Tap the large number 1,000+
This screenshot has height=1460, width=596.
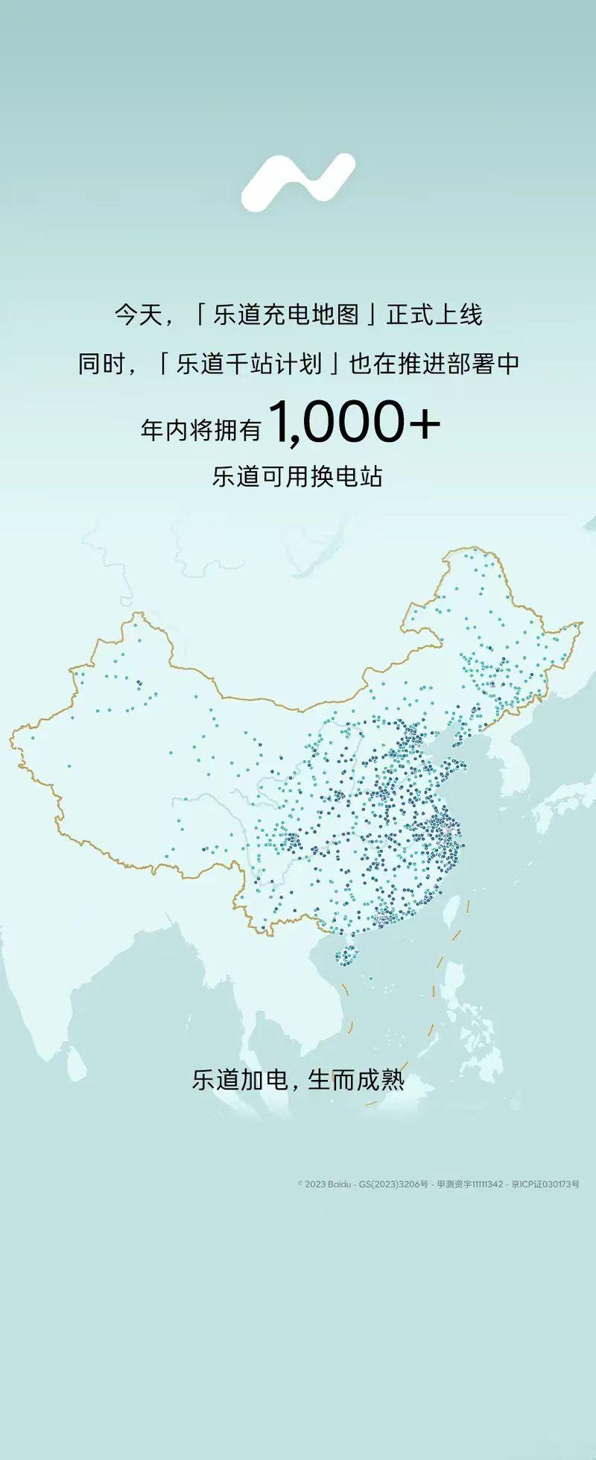coord(355,423)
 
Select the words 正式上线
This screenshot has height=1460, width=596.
coord(434,314)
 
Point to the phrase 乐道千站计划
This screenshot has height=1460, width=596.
coord(250,364)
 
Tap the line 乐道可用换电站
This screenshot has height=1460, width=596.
coord(298,476)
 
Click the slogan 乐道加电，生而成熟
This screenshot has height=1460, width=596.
coord(298,1079)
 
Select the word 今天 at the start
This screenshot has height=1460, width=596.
coord(137,314)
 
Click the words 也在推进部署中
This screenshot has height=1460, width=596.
coord(434,364)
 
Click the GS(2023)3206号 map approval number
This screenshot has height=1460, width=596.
coord(394,1184)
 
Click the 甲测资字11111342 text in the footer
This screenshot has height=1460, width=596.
coord(469,1184)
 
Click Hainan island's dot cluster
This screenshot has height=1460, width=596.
coord(346,955)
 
